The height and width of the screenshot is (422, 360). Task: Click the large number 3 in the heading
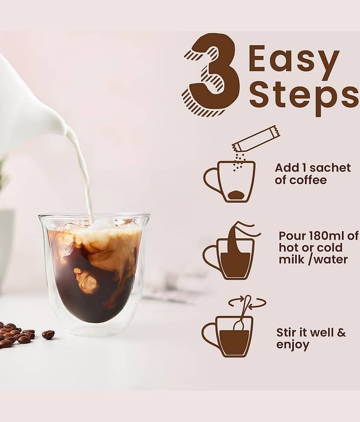pyautogui.click(x=211, y=75)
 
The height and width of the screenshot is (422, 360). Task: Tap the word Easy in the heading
pyautogui.click(x=294, y=60)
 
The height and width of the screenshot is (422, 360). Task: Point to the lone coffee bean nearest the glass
pyautogui.click(x=48, y=334)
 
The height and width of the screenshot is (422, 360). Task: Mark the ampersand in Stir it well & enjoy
pyautogui.click(x=341, y=333)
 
